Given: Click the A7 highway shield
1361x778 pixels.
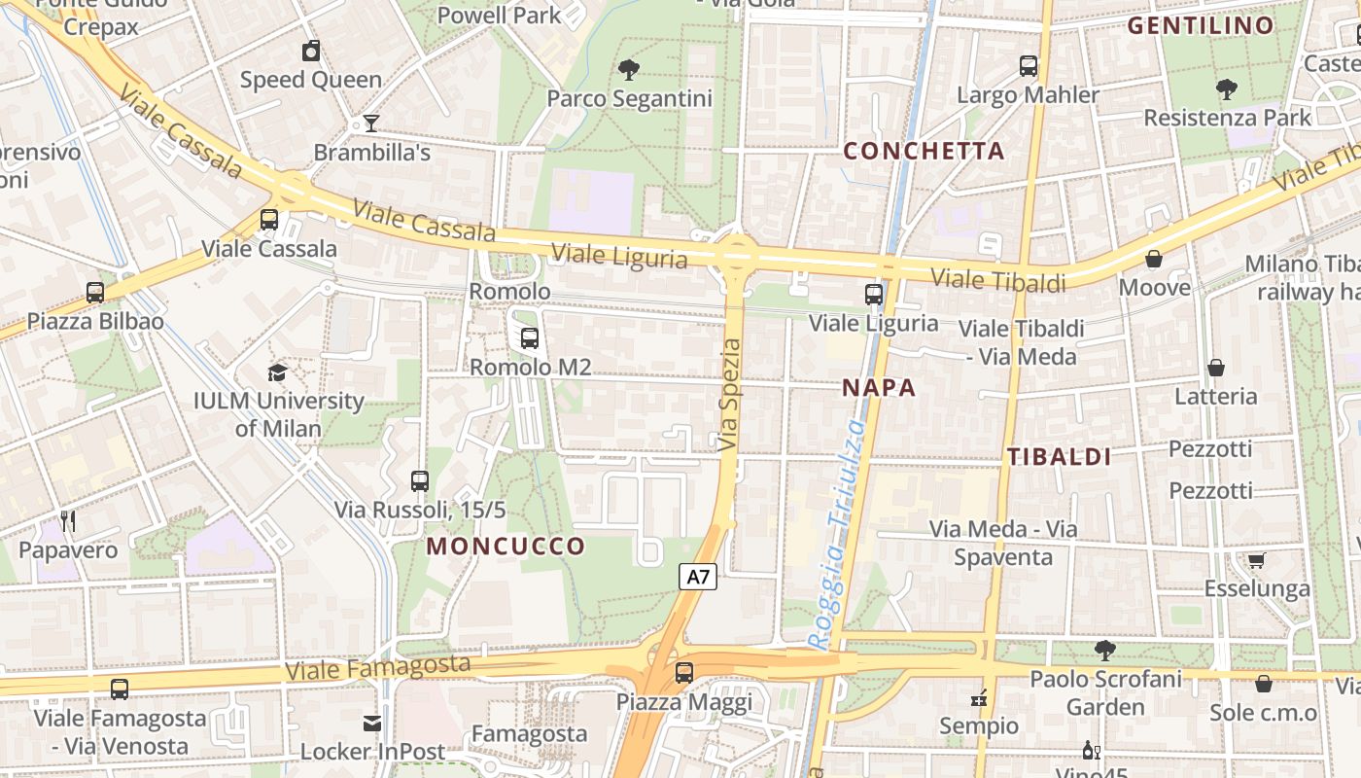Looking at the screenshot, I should click(x=698, y=577).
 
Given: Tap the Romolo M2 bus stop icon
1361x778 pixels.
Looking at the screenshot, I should click(x=530, y=338).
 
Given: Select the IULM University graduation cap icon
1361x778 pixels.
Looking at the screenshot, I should click(x=278, y=372).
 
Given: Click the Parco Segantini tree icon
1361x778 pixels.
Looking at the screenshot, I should click(x=629, y=69).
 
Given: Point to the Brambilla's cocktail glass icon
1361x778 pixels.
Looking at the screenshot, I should click(x=370, y=124).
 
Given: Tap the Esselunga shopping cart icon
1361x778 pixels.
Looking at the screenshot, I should click(x=1256, y=560).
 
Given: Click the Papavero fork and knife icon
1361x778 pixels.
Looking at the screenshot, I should click(x=68, y=521).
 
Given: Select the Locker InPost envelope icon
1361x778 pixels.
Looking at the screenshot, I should click(x=372, y=723).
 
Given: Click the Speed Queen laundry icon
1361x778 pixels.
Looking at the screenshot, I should click(x=311, y=51).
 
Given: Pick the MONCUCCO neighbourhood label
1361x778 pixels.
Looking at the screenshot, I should click(x=506, y=546).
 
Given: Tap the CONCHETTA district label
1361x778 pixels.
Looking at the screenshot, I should click(x=924, y=151).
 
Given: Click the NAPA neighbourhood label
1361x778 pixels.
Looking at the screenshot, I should click(x=879, y=388).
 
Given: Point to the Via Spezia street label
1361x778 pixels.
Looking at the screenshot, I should click(x=730, y=395).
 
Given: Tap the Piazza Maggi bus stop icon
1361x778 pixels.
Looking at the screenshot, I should click(x=684, y=673).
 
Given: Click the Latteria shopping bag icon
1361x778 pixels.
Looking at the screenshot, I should click(x=1215, y=368).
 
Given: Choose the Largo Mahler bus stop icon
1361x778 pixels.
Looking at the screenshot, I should click(x=1029, y=66).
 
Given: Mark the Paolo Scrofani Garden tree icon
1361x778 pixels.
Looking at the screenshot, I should click(x=1104, y=650).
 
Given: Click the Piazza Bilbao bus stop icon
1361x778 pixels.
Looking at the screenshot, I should click(x=95, y=292).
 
